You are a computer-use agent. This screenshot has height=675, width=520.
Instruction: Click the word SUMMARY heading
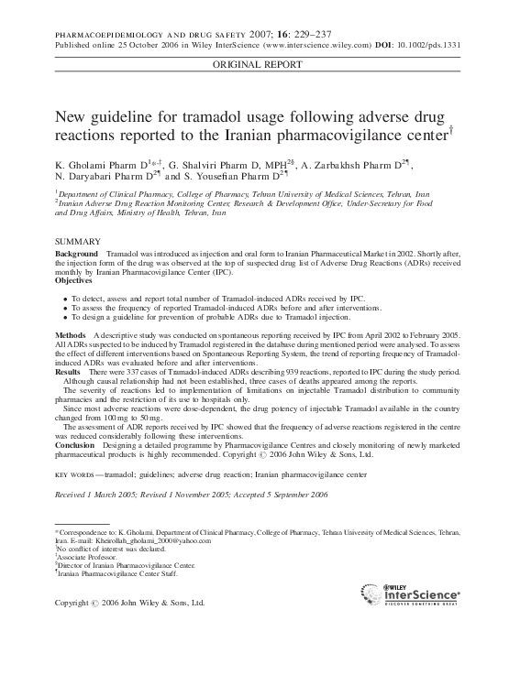pos(76,241)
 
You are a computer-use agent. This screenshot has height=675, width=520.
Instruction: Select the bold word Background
pos(77,252)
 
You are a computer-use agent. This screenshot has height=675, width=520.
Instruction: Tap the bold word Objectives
pos(76,279)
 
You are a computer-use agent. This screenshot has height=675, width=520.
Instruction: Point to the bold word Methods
pos(71,336)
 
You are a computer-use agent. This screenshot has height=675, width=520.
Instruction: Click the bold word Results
pos(68,373)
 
